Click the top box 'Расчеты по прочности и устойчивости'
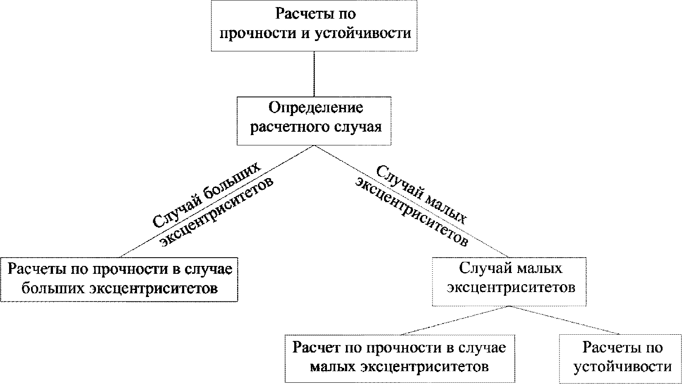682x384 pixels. click(x=314, y=26)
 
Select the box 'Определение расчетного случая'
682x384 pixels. click(x=314, y=121)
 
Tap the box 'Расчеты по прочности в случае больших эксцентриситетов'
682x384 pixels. click(x=119, y=280)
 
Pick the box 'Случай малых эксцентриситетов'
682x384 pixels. click(x=509, y=282)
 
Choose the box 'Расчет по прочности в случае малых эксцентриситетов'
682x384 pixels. click(x=400, y=358)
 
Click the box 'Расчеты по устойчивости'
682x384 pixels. click(x=620, y=359)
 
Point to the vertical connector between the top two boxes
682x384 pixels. click(x=314, y=74)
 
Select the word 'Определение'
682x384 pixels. click(x=316, y=108)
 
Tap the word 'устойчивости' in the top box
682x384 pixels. click(x=363, y=33)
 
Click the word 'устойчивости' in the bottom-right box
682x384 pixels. click(x=623, y=366)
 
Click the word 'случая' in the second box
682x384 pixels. click(x=358, y=127)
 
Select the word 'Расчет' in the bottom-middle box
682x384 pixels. click(x=316, y=348)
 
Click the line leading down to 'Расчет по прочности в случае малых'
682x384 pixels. click(x=454, y=320)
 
